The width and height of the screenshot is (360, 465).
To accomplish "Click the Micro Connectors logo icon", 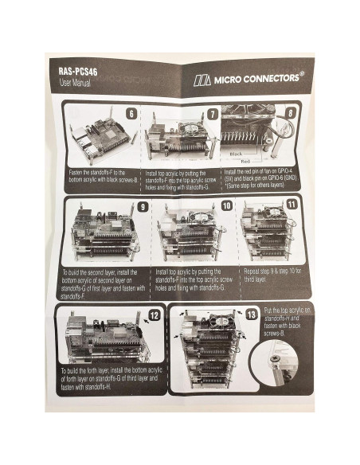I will (202, 80).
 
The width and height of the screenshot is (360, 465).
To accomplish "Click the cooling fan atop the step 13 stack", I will (206, 320).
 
